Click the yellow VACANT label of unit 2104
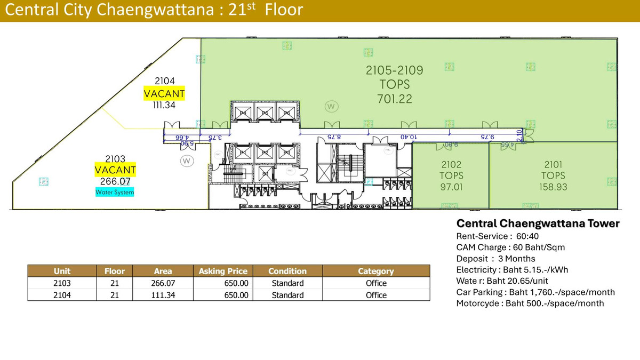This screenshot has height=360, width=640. click(x=164, y=94)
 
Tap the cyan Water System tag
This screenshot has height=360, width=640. click(x=115, y=192)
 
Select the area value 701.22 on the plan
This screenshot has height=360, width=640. click(x=394, y=99)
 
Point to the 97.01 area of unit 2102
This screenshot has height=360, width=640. click(x=451, y=187)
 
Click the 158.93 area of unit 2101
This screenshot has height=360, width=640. click(x=553, y=187)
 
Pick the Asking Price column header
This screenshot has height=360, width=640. click(x=223, y=271)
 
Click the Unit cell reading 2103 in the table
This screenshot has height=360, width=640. click(x=62, y=283)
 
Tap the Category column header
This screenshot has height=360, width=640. click(x=376, y=271)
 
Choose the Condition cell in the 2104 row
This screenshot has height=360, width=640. click(x=287, y=295)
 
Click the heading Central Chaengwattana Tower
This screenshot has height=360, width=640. click(x=538, y=223)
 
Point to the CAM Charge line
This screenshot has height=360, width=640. click(x=510, y=247)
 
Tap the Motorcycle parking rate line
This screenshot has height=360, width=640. click(x=530, y=303)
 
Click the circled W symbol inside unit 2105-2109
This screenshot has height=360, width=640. click(x=331, y=107)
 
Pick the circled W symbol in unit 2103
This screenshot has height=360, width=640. click(x=187, y=160)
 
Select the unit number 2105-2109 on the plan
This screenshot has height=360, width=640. click(x=394, y=70)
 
